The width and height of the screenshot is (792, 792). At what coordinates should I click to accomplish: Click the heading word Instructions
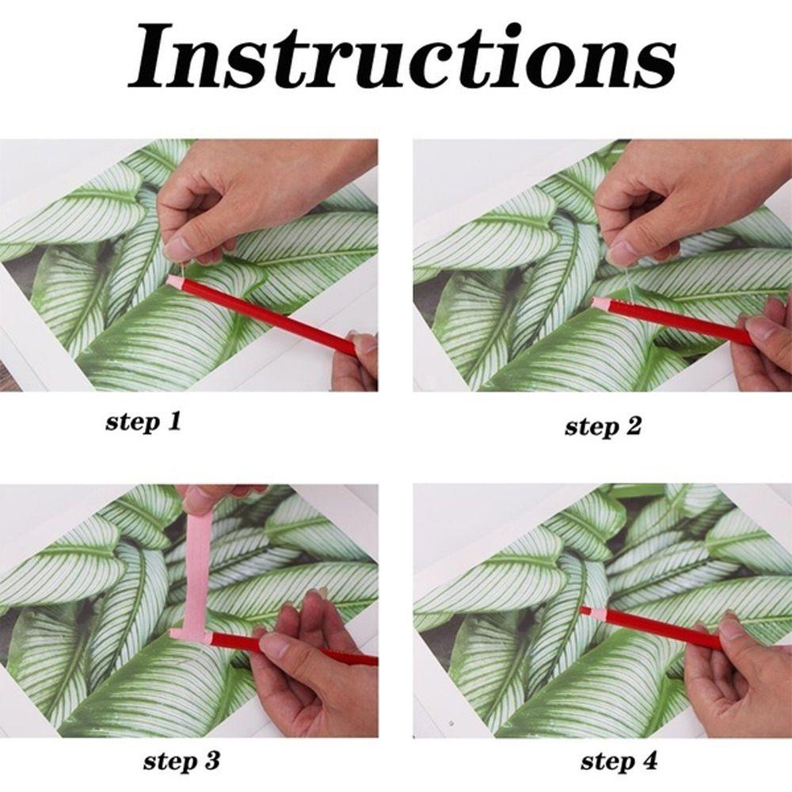click(402, 56)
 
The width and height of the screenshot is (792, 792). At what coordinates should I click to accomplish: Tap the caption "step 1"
click(143, 422)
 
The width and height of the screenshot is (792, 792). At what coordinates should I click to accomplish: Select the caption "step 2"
click(603, 427)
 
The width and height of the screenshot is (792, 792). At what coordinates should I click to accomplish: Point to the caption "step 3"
click(181, 760)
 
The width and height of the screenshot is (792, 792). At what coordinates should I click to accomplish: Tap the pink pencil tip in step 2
click(600, 303)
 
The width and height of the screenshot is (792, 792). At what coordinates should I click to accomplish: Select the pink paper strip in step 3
click(195, 581)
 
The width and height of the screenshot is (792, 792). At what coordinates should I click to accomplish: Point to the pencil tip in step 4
click(586, 610)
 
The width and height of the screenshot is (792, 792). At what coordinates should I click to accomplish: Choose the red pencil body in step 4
click(657, 629)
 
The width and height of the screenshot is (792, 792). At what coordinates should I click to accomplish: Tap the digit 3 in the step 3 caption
click(211, 760)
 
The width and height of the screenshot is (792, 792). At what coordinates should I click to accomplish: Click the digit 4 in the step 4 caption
click(649, 760)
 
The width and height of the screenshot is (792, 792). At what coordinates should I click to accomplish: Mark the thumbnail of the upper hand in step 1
click(177, 247)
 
